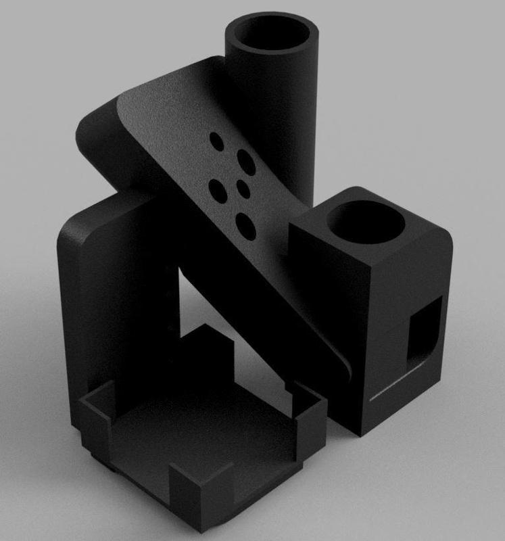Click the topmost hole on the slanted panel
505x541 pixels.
(x=217, y=140)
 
